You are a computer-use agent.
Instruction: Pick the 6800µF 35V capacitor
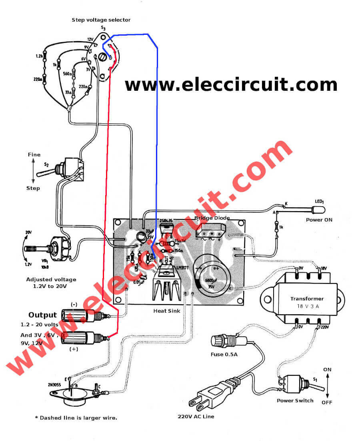pyautogui.click(x=212, y=276)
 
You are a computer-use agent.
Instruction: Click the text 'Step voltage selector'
pyautogui.click(x=101, y=20)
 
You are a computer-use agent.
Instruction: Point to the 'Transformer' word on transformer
pyautogui.click(x=307, y=299)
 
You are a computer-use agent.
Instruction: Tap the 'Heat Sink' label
pyautogui.click(x=166, y=311)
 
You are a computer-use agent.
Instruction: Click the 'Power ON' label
pyautogui.click(x=319, y=220)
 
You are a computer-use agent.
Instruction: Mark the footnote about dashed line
pyautogui.click(x=76, y=418)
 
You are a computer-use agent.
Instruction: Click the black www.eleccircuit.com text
pyautogui.click(x=231, y=85)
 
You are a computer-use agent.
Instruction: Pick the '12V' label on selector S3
pyautogui.click(x=90, y=39)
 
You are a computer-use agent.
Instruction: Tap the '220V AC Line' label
pyautogui.click(x=196, y=417)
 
